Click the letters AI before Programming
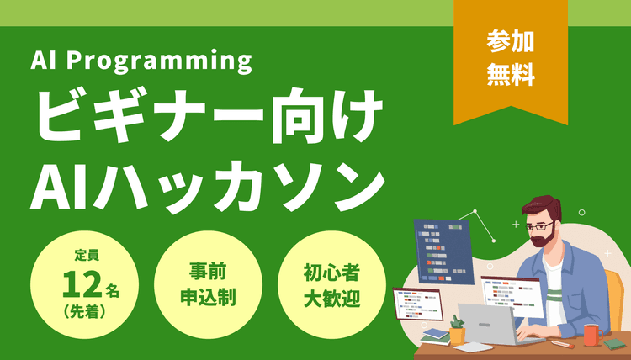point(42,61)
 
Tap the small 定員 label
point(87,254)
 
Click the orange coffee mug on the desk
point(591,334)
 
